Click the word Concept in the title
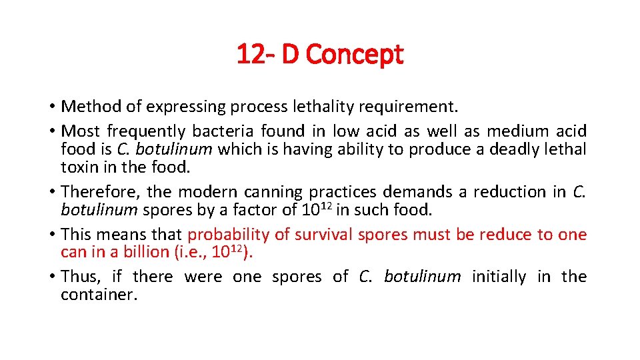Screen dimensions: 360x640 click(x=357, y=54)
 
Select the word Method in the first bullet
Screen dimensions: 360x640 click(x=89, y=107)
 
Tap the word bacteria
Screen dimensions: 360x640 click(x=225, y=132)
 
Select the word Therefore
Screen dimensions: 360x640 click(x=99, y=192)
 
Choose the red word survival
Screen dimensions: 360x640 click(x=322, y=235)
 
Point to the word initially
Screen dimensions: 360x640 click(x=499, y=277)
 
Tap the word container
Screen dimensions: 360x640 click(x=99, y=295)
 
